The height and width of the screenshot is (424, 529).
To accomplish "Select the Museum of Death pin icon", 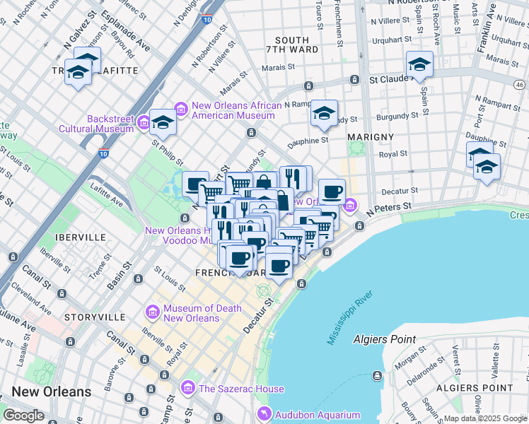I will point(152,312).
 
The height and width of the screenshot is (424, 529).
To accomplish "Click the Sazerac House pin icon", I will point(187,388).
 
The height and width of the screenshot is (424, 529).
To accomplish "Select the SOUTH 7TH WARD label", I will point(292,46).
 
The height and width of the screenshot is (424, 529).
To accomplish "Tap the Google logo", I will point(24,416).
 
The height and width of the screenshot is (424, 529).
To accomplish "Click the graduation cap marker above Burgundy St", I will point(324,113).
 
